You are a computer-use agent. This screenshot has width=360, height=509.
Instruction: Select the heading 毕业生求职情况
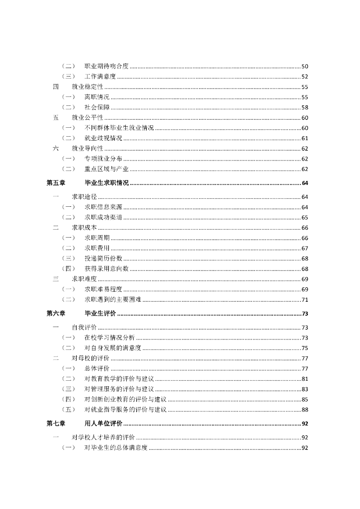[x=107, y=183]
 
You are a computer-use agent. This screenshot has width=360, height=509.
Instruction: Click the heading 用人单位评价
[x=103, y=424]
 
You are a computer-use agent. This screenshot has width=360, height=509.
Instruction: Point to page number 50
[x=305, y=67]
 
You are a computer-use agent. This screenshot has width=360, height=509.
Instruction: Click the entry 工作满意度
[x=100, y=77]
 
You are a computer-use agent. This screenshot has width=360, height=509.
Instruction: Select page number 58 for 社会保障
[x=305, y=107]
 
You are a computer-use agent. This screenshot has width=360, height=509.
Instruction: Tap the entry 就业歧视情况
[x=103, y=138]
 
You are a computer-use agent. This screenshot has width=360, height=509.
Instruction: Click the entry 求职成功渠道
[x=103, y=217]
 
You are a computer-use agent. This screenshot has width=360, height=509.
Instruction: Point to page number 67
[x=305, y=248]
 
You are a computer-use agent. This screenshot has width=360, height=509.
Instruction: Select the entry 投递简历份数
[x=103, y=258]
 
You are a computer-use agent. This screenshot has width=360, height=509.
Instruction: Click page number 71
[x=305, y=300]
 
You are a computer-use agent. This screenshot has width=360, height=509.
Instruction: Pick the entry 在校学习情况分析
[x=109, y=338]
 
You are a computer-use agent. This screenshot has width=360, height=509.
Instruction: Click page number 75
[x=305, y=348]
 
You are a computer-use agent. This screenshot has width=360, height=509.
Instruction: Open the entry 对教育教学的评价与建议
[x=119, y=379]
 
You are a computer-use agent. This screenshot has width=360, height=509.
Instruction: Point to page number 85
[x=305, y=399]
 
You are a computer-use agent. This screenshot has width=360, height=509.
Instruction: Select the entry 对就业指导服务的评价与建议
[x=125, y=410]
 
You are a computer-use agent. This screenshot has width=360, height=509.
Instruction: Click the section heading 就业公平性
[x=88, y=118]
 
